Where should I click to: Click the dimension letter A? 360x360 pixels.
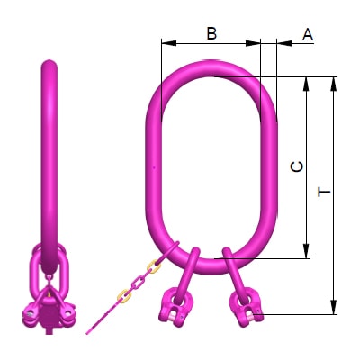pyautogui.click(x=307, y=34)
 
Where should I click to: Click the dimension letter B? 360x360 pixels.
pyautogui.click(x=211, y=33)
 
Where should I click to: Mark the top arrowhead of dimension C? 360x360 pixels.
pyautogui.click(x=309, y=82)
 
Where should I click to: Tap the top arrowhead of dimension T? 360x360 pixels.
pyautogui.click(x=334, y=82)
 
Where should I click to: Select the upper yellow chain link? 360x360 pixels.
pyautogui.click(x=154, y=267)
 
